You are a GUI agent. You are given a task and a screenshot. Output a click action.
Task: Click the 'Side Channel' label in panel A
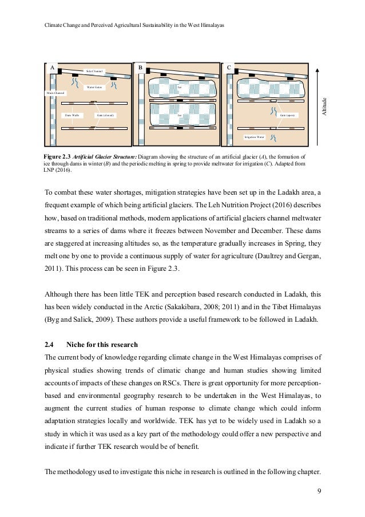(x=94, y=71)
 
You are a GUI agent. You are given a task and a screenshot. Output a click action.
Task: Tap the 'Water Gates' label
(x=94, y=88)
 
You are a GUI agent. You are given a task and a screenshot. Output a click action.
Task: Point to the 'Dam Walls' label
(x=71, y=115)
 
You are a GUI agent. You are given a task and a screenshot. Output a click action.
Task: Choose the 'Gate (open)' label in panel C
(x=286, y=115)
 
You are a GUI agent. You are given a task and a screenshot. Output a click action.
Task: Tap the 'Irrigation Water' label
(x=255, y=137)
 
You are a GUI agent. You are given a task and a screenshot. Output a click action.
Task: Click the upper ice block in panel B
(x=180, y=89)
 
